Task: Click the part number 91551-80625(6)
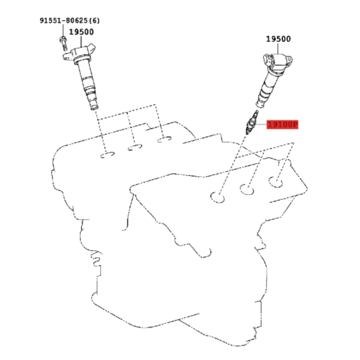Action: pyautogui.click(x=70, y=20)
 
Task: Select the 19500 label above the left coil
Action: pyautogui.click(x=81, y=32)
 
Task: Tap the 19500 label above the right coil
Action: pyautogui.click(x=278, y=39)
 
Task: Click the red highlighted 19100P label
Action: pyautogui.click(x=283, y=125)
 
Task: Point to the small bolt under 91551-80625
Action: pyautogui.click(x=64, y=43)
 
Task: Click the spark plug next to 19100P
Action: pyautogui.click(x=251, y=122)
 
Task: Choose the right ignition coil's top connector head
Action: pyautogui.click(x=278, y=61)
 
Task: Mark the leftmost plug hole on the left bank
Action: pyautogui.click(x=107, y=155)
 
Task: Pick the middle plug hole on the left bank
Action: pyautogui.click(x=135, y=147)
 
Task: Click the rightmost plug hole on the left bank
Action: pyautogui.click(x=164, y=139)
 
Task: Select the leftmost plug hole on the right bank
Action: pyautogui.click(x=217, y=197)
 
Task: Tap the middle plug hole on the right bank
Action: pyautogui.click(x=247, y=190)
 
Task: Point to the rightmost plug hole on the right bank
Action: pyautogui.click(x=276, y=182)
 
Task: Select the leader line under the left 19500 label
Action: pyautogui.click(x=81, y=41)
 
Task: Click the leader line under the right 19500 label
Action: pyautogui.click(x=278, y=49)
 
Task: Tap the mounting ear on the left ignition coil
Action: pyautogui.click(x=67, y=56)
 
